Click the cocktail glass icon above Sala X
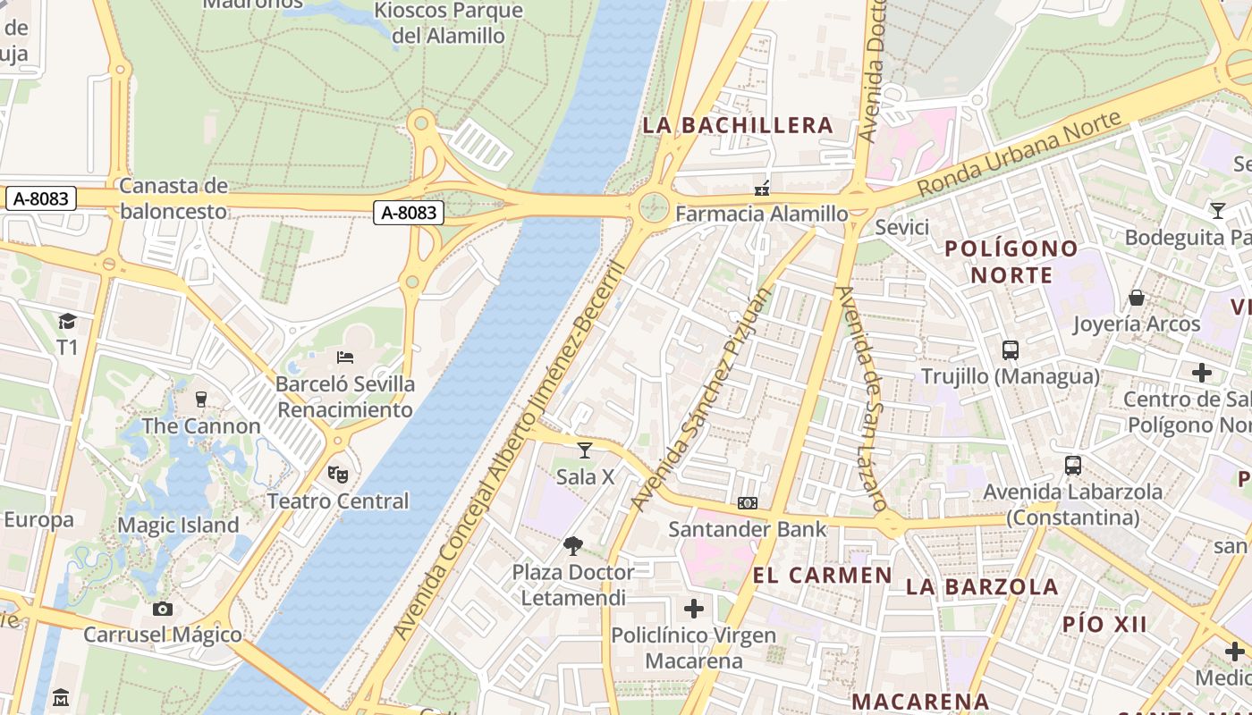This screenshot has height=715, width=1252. click(x=585, y=450)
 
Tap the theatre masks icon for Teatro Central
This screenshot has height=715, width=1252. click(x=337, y=474)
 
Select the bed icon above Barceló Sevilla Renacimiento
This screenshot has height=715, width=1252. click(x=345, y=357)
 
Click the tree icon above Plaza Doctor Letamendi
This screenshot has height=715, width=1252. click(x=573, y=545)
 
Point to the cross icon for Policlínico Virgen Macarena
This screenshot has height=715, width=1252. click(x=693, y=610)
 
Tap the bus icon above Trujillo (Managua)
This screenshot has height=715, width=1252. click(x=1011, y=349)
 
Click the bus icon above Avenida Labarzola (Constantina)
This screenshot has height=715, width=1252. click(x=1072, y=465)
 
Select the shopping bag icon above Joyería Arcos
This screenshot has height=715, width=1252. click(x=1137, y=297)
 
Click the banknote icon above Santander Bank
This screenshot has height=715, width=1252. click(x=748, y=503)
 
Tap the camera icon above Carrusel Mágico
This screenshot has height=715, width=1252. click(x=162, y=609)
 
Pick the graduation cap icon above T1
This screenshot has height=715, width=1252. click(x=67, y=321)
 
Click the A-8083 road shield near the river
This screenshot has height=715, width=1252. click(x=409, y=212)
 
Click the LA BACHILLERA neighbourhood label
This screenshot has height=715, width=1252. click(x=738, y=125)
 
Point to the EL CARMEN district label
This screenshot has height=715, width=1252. click(x=823, y=575)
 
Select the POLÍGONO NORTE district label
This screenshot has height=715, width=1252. click(x=1011, y=261)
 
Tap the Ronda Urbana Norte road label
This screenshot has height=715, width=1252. click(x=1019, y=154)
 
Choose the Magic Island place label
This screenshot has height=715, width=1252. click(x=179, y=526)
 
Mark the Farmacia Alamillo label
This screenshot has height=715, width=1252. click(x=761, y=214)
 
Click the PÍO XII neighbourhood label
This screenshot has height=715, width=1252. click(x=1104, y=624)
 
